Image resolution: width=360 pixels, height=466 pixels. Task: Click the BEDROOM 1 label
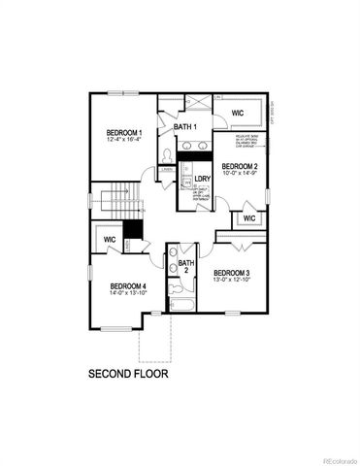pos(126,133)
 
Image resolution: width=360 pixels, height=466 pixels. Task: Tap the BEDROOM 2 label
pos(240,167)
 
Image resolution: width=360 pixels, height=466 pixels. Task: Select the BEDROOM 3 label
pos(233,272)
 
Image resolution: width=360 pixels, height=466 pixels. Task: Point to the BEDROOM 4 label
pos(128,285)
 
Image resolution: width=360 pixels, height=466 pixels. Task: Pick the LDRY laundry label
pos(203,180)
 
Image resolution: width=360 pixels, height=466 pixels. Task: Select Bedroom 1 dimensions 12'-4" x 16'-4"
pos(126,141)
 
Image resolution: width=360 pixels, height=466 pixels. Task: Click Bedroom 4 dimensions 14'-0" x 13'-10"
pos(128,294)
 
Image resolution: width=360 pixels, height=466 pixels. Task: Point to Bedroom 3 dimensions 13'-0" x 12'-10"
pos(233,281)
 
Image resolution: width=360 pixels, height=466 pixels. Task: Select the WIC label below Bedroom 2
pos(249,218)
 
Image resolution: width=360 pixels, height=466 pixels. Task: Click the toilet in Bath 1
pos(167,156)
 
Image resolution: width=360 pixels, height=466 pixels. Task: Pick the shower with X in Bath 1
pos(197,105)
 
